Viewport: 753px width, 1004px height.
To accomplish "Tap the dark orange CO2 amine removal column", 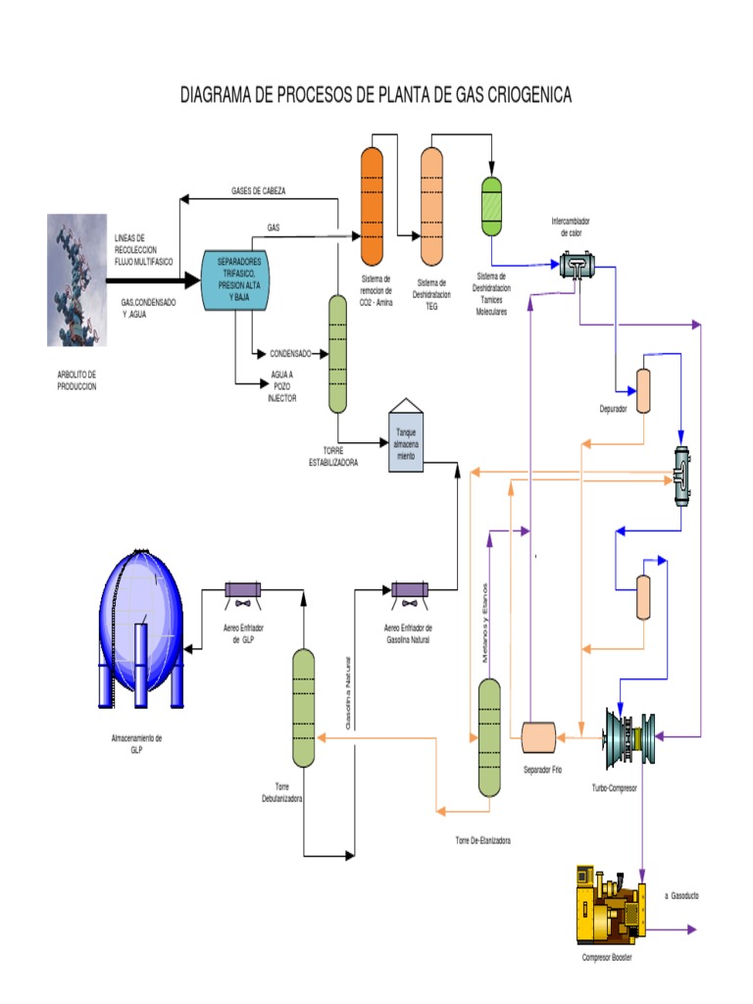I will pyautogui.click(x=372, y=205).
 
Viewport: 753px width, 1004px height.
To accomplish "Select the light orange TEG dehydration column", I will pyautogui.click(x=431, y=205).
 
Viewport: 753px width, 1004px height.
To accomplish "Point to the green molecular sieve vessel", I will pyautogui.click(x=491, y=205).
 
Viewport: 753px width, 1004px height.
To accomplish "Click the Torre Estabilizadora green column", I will pyautogui.click(x=337, y=353).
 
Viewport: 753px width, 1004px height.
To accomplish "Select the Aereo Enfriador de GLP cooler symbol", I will pyautogui.click(x=242, y=590).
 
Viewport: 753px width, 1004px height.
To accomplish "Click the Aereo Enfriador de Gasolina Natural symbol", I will pyautogui.click(x=409, y=590).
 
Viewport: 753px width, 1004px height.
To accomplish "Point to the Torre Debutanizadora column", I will pyautogui.click(x=303, y=706).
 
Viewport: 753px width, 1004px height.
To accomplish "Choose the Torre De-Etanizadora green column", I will pyautogui.click(x=489, y=735).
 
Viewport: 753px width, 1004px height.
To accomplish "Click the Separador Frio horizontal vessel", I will pyautogui.click(x=538, y=735).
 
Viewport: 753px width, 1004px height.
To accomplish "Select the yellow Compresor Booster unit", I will pyautogui.click(x=608, y=904).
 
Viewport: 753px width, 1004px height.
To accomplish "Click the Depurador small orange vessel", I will pyautogui.click(x=643, y=391).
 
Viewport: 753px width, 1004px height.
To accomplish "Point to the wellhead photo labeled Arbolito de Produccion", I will pyautogui.click(x=77, y=279).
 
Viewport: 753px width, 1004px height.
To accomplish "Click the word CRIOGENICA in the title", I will pyautogui.click(x=516, y=95).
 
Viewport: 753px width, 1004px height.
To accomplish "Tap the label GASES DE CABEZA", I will pyautogui.click(x=259, y=190).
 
